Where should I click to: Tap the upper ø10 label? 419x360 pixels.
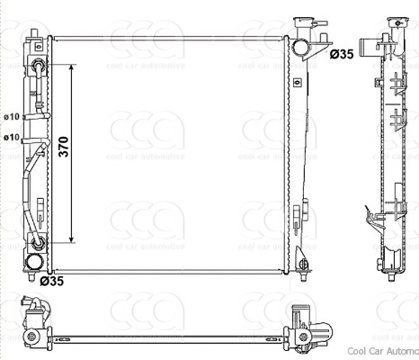(11, 117)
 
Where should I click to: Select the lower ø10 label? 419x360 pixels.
(11, 137)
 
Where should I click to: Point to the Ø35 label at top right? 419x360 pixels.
(341, 55)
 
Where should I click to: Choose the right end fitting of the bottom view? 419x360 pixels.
(302, 325)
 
